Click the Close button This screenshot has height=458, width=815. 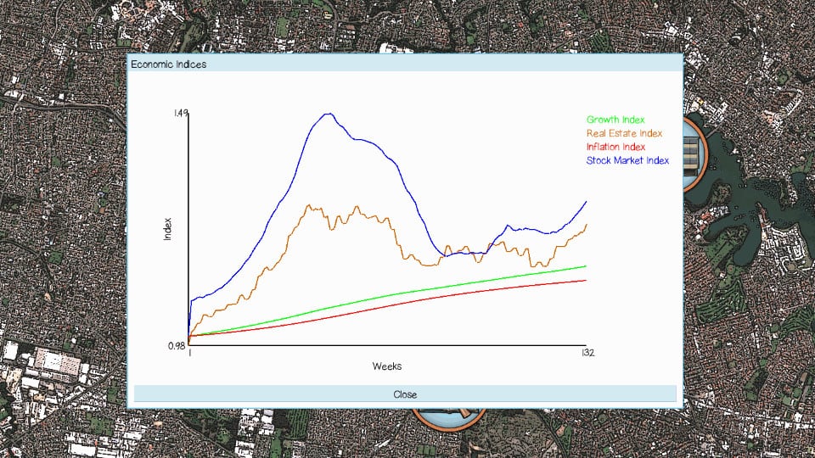coord(405,394)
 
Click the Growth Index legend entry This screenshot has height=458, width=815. coord(615,120)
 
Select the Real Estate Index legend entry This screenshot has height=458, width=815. coord(624,133)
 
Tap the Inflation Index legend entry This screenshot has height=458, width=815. coord(615,147)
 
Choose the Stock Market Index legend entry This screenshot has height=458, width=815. coord(627,160)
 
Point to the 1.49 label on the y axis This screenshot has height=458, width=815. coord(179,113)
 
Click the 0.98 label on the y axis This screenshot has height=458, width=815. coord(177,345)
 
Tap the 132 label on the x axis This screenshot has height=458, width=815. coord(587,353)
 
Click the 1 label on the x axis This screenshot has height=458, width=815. coord(189,353)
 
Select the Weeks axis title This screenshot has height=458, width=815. coord(386,366)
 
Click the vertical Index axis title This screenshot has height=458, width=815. coord(167,229)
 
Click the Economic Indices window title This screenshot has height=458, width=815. coord(168,64)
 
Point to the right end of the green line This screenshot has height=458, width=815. coord(586,266)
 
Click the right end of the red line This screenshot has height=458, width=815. coord(586,280)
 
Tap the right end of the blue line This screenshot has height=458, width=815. coord(586,202)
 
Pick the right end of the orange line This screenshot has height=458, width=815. coord(586,225)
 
